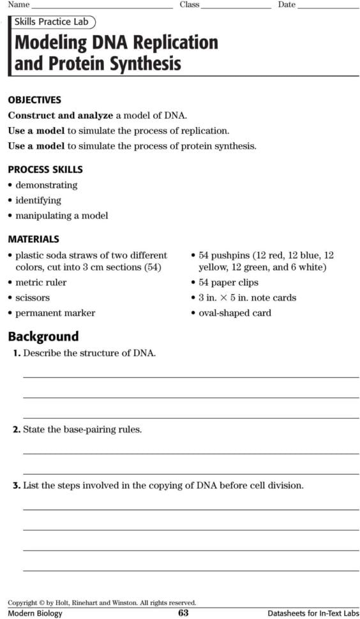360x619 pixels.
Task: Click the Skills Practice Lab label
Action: [51, 22]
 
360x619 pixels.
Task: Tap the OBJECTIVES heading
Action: [34, 100]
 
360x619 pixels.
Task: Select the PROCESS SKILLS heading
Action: [45, 170]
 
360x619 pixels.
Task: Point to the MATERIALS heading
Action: [34, 239]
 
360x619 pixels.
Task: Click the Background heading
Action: [43, 336]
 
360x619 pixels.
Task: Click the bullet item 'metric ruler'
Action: [40, 282]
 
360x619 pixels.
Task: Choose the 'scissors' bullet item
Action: [33, 297]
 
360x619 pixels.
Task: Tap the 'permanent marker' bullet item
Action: [55, 313]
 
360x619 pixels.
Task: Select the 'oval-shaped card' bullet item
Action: [234, 313]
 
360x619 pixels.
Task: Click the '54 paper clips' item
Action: [229, 282]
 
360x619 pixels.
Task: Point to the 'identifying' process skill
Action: [38, 200]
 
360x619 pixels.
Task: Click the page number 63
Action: [183, 613]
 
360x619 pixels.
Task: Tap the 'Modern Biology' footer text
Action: [35, 613]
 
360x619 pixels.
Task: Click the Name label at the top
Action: [19, 4]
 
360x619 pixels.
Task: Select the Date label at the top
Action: [287, 4]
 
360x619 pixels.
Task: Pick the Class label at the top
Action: [190, 4]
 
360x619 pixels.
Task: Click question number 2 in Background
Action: [17, 429]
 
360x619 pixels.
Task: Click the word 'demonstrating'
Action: [46, 185]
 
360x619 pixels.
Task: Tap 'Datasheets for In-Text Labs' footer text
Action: [313, 613]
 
